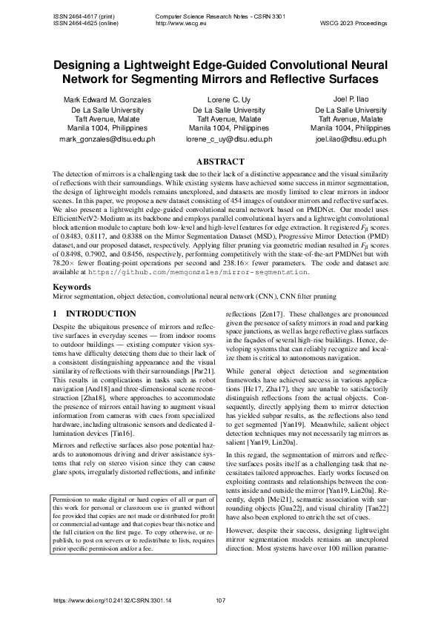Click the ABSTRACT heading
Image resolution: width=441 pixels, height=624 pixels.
tap(220, 162)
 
